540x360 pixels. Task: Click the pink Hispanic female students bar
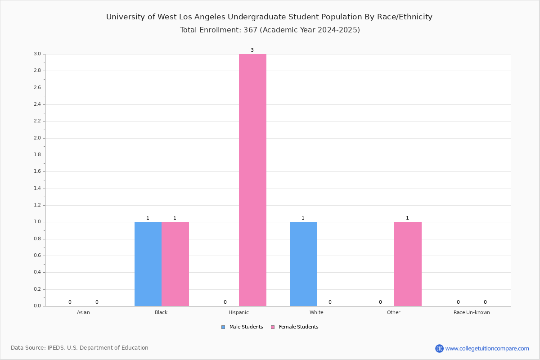click(x=252, y=180)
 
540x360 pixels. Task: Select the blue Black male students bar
click(x=148, y=264)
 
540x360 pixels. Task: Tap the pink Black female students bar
click(x=175, y=264)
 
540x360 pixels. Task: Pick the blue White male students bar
click(x=303, y=264)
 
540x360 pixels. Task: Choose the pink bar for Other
click(x=408, y=264)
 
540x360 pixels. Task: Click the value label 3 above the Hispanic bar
click(x=252, y=50)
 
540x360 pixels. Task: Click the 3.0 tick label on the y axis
click(x=37, y=54)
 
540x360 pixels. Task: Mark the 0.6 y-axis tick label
click(x=37, y=255)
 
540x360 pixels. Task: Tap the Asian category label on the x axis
click(x=83, y=312)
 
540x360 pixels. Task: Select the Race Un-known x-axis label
click(x=472, y=312)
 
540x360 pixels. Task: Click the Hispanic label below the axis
click(x=238, y=312)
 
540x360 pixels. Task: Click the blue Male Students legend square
click(x=223, y=327)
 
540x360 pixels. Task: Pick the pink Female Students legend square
click(x=273, y=327)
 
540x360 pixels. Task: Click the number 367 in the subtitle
click(x=251, y=30)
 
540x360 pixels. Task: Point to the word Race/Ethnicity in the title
click(x=405, y=17)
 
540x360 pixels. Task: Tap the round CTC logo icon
click(x=439, y=348)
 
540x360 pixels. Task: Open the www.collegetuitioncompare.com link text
click(x=487, y=348)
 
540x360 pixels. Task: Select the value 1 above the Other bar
click(x=407, y=218)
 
